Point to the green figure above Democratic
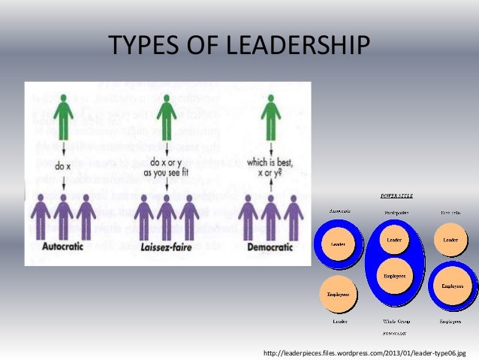pos(270,117)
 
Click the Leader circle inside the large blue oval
pos(394,240)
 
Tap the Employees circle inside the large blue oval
pos(394,276)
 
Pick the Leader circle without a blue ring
pos(450,240)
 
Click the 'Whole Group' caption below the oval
pos(394,321)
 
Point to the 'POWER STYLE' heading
pos(394,196)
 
